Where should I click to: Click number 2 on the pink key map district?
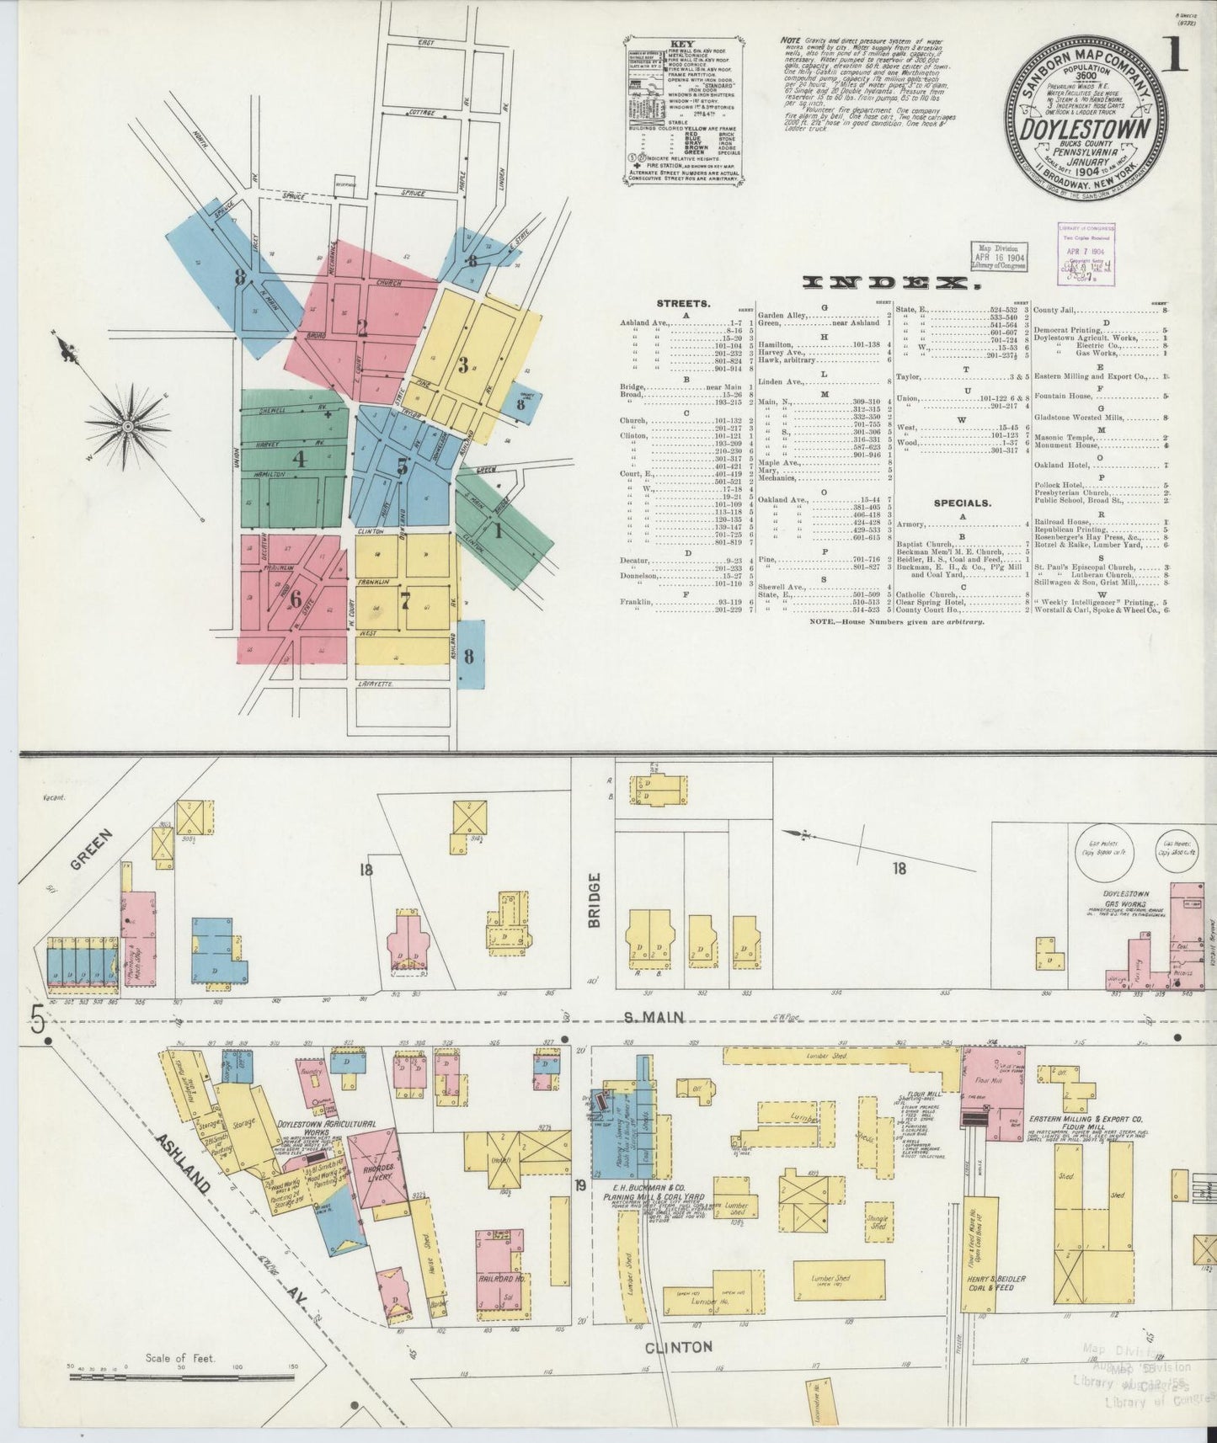point(362,329)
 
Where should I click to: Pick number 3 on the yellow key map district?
point(463,365)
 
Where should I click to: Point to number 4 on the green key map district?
point(299,460)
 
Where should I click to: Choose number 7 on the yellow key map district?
point(405,600)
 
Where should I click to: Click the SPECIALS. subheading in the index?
point(963,503)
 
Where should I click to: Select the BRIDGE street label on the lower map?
point(595,900)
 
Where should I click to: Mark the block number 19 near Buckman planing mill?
point(580,1187)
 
